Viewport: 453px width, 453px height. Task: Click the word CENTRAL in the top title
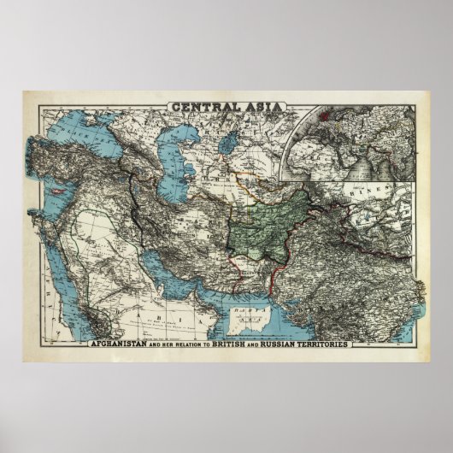(202, 107)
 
